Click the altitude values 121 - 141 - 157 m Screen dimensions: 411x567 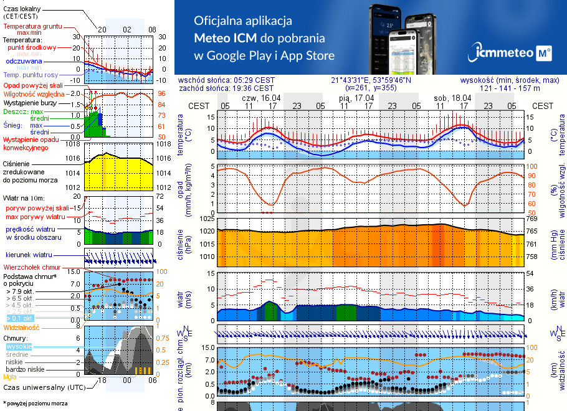click(520, 88)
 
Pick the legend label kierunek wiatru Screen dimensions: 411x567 click(29, 255)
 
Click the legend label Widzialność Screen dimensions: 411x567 click(22, 327)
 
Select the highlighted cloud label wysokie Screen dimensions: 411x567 click(19, 346)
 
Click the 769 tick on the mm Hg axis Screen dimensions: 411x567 click(531, 219)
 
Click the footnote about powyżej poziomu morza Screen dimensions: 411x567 click(34, 404)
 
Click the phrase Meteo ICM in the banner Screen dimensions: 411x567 click(225, 37)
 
